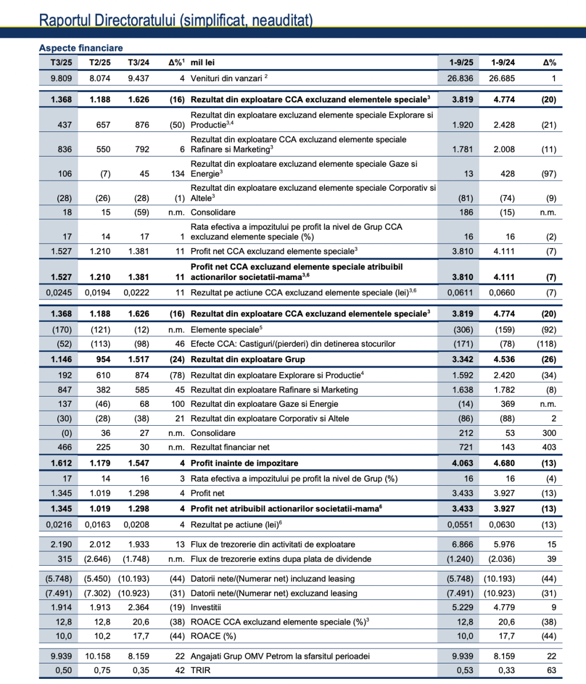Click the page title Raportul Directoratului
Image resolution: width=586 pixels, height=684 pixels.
pos(176,20)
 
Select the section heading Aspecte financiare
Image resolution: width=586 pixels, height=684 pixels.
pos(81,48)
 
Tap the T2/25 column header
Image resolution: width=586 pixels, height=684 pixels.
pos(100,62)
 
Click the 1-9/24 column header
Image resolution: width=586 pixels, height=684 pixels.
pos(503,62)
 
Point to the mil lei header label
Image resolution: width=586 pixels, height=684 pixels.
pos(203,62)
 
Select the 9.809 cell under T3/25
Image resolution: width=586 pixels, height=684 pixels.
pos(61,78)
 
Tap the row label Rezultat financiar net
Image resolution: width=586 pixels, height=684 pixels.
pos(230,447)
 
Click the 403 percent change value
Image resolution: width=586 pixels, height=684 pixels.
pos(548,447)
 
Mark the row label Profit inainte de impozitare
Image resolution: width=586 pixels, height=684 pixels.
pos(244,463)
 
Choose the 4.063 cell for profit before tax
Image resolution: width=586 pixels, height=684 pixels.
pos(462,463)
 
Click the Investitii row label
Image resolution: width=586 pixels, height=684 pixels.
pos(206,607)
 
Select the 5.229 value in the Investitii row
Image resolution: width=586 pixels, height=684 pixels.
pos(462,607)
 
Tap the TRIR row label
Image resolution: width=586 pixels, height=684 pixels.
pos(200,670)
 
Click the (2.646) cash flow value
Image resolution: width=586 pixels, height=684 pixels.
pos(98,559)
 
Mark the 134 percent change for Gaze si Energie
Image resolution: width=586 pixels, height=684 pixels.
pos(177,174)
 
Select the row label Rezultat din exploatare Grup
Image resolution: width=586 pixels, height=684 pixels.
pos(248,359)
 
